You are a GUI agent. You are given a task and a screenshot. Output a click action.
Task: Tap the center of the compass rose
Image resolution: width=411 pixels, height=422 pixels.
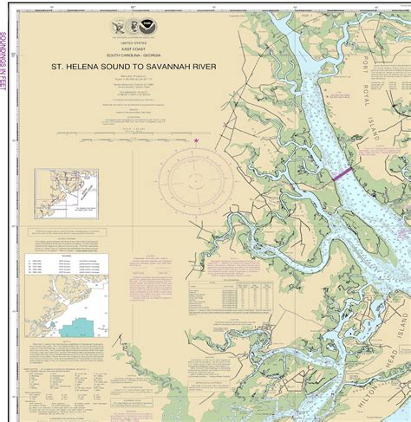(x=196, y=181)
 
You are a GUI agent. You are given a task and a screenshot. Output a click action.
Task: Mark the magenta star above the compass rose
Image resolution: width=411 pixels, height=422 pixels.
(x=197, y=140)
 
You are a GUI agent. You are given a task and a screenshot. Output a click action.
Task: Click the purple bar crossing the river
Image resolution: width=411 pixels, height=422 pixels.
(x=342, y=173)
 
